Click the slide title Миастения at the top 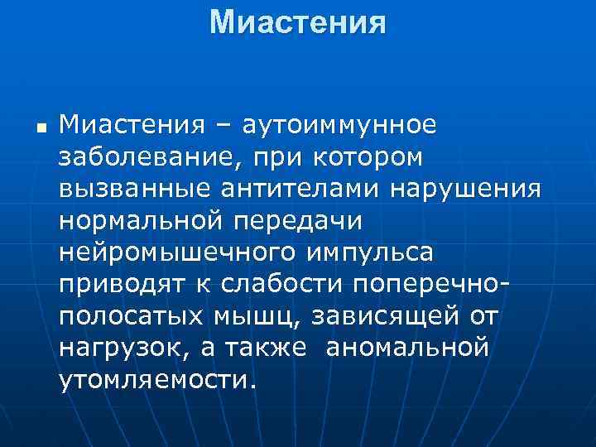298,22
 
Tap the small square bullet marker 40,127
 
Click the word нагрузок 121,346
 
